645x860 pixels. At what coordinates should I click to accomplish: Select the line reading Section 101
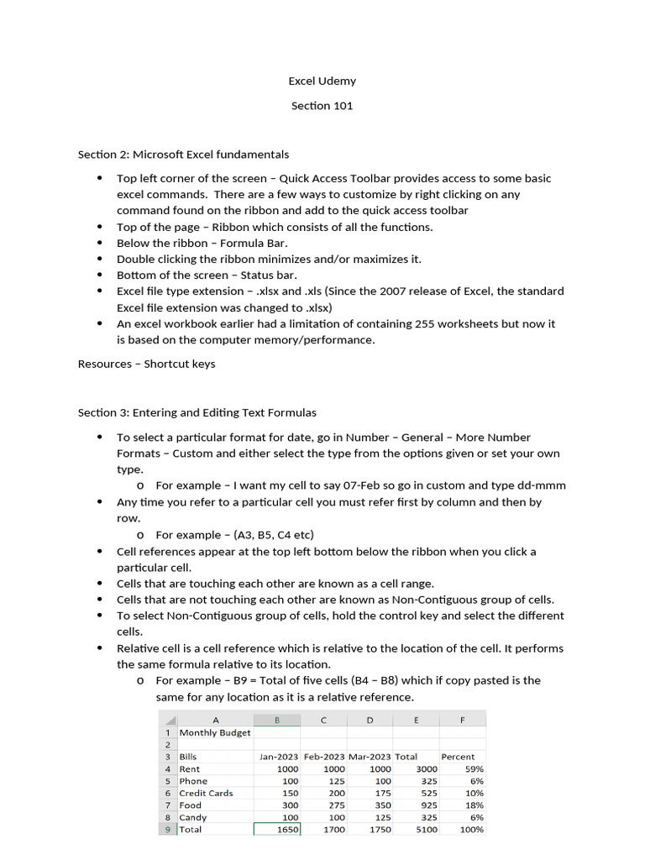(322, 106)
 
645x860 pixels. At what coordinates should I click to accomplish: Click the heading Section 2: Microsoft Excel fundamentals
(183, 155)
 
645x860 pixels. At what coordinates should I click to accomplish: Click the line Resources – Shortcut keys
(146, 364)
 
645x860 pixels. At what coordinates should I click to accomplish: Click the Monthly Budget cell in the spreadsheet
(215, 732)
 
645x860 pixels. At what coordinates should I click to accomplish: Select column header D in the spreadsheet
(370, 720)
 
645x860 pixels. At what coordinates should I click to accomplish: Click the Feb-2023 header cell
(323, 757)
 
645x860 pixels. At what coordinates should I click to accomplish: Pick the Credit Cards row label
(207, 793)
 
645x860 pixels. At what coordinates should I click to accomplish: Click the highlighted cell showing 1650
(276, 830)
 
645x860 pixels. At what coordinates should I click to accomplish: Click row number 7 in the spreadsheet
(168, 805)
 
